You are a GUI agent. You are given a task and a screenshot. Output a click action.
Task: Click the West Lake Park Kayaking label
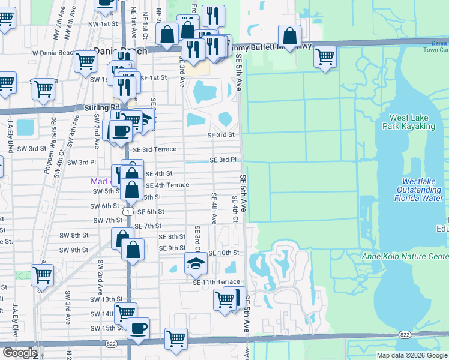click(x=411, y=122)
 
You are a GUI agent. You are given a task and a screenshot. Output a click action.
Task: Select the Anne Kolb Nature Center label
click(x=405, y=257)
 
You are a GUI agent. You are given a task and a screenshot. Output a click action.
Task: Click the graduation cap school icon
click(x=195, y=262)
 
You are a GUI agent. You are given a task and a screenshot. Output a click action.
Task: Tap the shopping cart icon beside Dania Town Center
click(x=325, y=57)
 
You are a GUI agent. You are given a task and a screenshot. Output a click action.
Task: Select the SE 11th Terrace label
click(x=216, y=282)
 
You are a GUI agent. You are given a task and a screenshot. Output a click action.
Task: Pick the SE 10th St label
click(x=224, y=253)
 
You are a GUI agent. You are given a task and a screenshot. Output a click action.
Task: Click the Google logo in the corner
click(x=19, y=353)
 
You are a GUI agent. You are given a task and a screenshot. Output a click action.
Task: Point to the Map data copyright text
click(x=412, y=355)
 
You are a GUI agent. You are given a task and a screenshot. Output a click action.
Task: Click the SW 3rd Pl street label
click(x=81, y=163)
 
